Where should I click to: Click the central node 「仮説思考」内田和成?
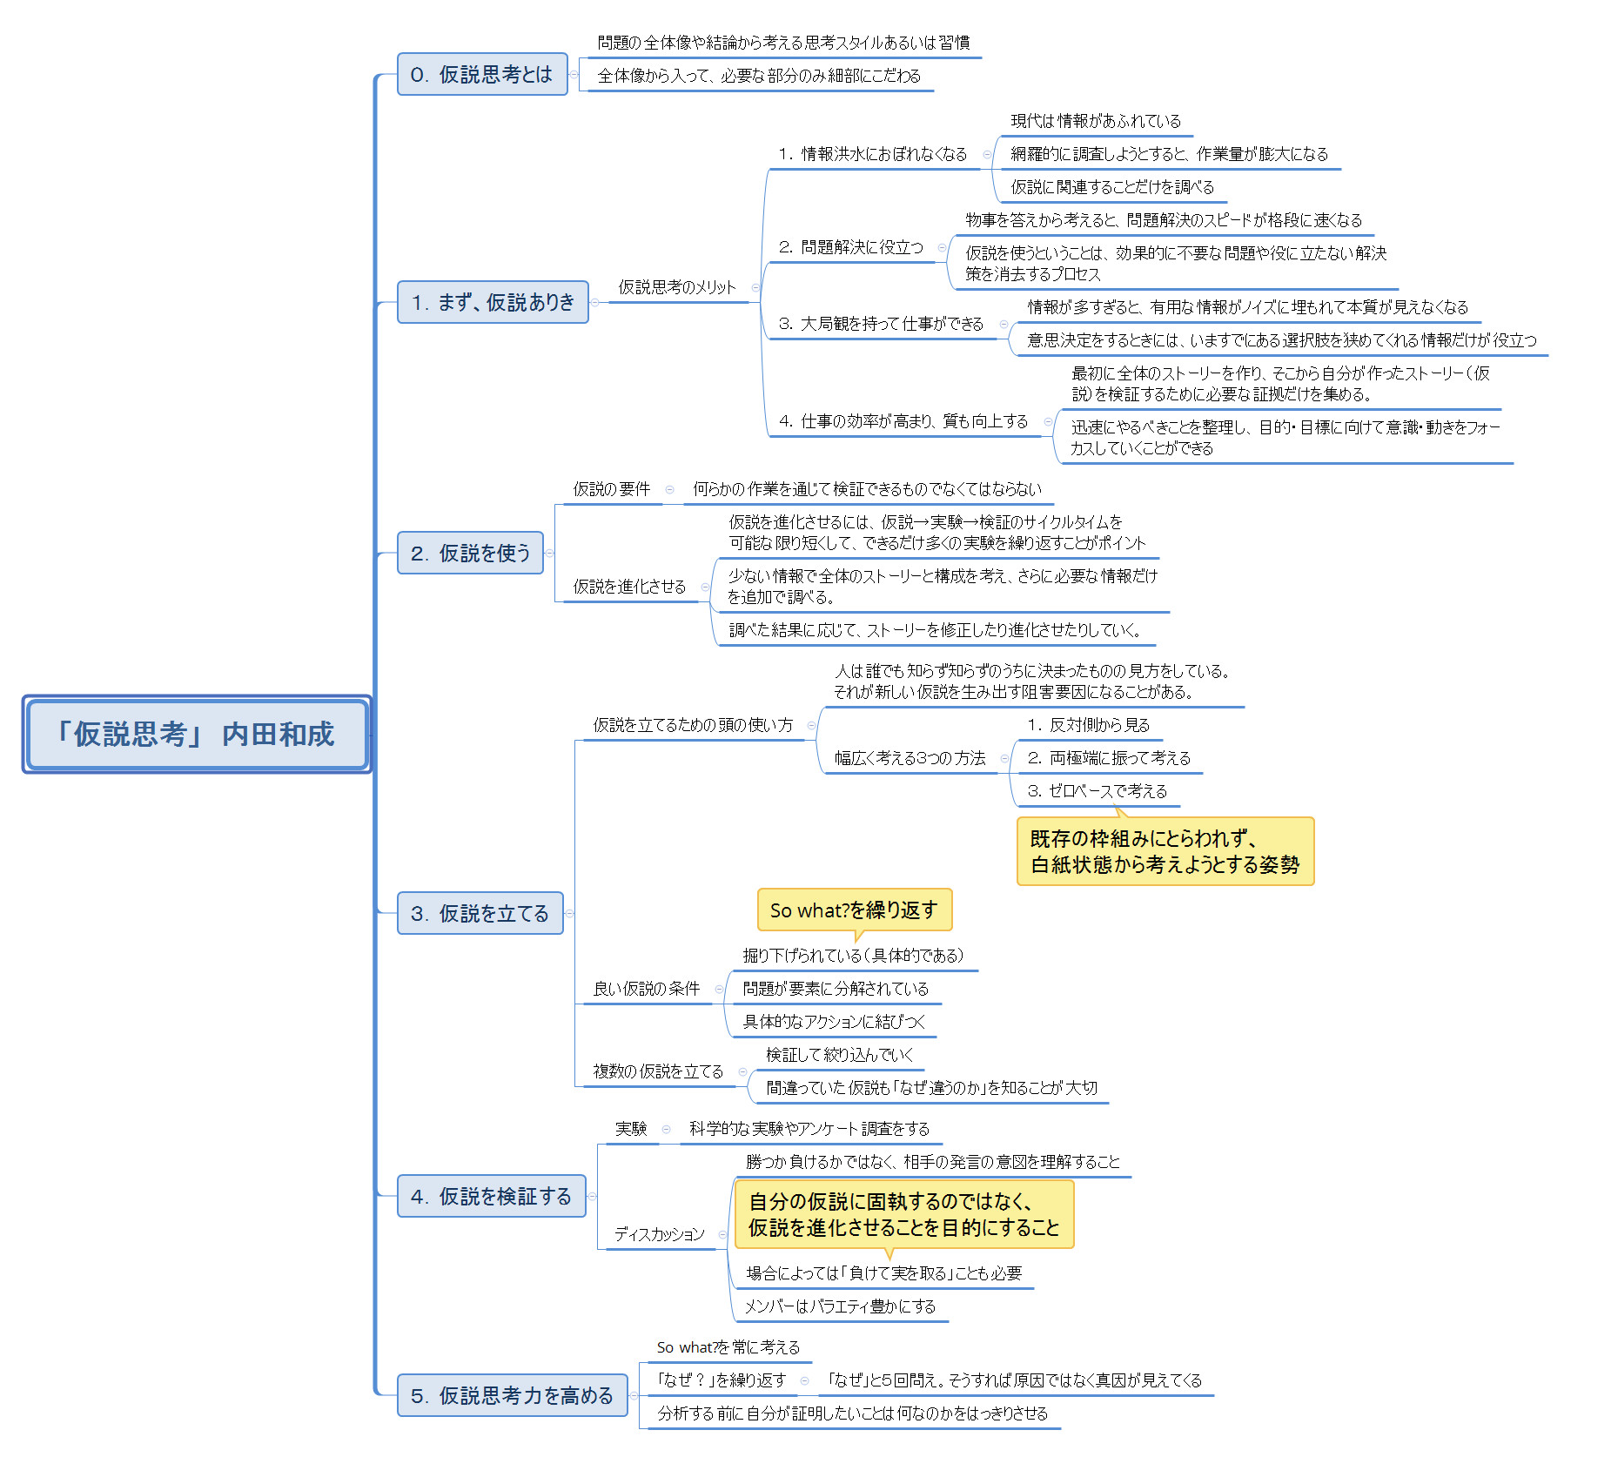click(x=197, y=734)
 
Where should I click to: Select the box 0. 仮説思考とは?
click(x=482, y=75)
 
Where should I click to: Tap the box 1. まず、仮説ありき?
click(x=493, y=302)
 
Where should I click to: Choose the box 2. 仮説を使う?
click(x=470, y=553)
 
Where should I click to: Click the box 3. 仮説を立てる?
click(x=480, y=913)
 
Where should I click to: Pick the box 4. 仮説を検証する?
click(x=491, y=1196)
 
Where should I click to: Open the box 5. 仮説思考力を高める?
click(x=512, y=1395)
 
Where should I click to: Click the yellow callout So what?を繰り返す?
click(x=854, y=910)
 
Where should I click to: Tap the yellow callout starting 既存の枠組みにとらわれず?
click(x=1165, y=851)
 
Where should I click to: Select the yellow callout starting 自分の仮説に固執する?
click(x=903, y=1214)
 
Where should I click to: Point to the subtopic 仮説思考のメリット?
click(x=677, y=287)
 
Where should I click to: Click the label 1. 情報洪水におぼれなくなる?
click(x=873, y=154)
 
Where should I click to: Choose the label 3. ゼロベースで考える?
click(x=1097, y=791)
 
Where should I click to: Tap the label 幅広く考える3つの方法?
click(x=910, y=758)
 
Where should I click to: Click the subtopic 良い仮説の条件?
click(x=647, y=989)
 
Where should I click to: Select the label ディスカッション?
click(x=660, y=1234)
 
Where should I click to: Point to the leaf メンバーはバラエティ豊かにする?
click(x=840, y=1306)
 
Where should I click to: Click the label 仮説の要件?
click(x=612, y=489)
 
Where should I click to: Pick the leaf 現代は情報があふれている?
click(x=1096, y=121)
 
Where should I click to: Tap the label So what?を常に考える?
click(x=728, y=1347)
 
